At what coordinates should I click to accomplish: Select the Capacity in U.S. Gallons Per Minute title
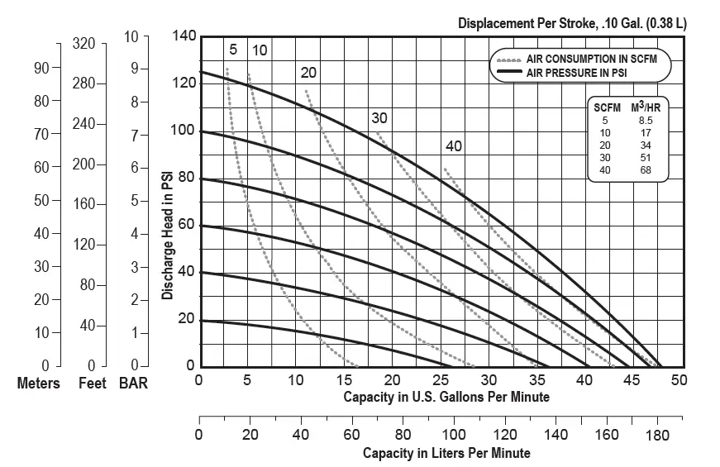tap(446, 397)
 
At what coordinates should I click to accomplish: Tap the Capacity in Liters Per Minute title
tap(446, 453)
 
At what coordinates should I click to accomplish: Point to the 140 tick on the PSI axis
tap(184, 36)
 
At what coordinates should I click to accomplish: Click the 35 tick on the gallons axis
tap(536, 380)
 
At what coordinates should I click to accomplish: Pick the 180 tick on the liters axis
tap(658, 434)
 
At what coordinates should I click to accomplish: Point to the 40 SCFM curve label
tap(454, 146)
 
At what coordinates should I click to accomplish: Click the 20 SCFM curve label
tap(309, 73)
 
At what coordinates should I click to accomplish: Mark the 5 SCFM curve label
tap(233, 50)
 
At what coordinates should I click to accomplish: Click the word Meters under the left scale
tap(39, 384)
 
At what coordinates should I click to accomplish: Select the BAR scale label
tap(133, 384)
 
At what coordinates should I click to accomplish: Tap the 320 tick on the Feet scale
tap(84, 43)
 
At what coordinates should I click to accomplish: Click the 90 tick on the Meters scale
tap(41, 68)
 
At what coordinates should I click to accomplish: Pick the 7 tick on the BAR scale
tap(133, 135)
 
